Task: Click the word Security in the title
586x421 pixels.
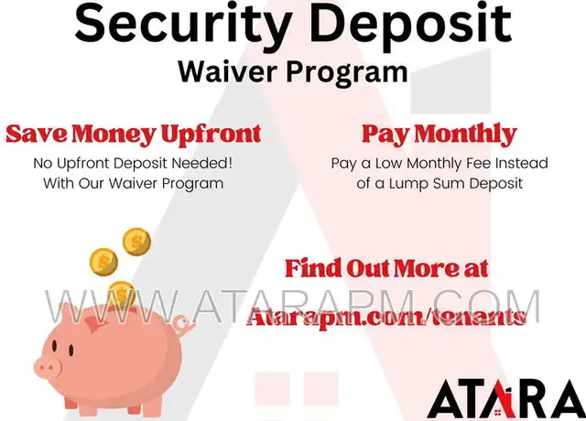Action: click(x=179, y=23)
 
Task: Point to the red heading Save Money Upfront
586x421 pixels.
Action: click(x=134, y=134)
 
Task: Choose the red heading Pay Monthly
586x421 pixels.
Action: click(x=439, y=134)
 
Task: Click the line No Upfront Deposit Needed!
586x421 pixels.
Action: click(x=133, y=163)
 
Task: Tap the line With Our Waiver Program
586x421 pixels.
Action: click(x=134, y=183)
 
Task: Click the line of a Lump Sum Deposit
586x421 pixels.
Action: click(x=439, y=183)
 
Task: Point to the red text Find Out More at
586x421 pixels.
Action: click(x=386, y=268)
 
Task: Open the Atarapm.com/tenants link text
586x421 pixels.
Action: click(x=386, y=318)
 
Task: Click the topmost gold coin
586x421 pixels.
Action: click(x=136, y=242)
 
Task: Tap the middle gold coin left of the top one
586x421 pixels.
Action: click(x=103, y=262)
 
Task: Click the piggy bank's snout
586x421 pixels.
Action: click(x=48, y=366)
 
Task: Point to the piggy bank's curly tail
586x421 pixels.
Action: click(x=184, y=324)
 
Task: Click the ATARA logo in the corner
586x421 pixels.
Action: click(x=506, y=399)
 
